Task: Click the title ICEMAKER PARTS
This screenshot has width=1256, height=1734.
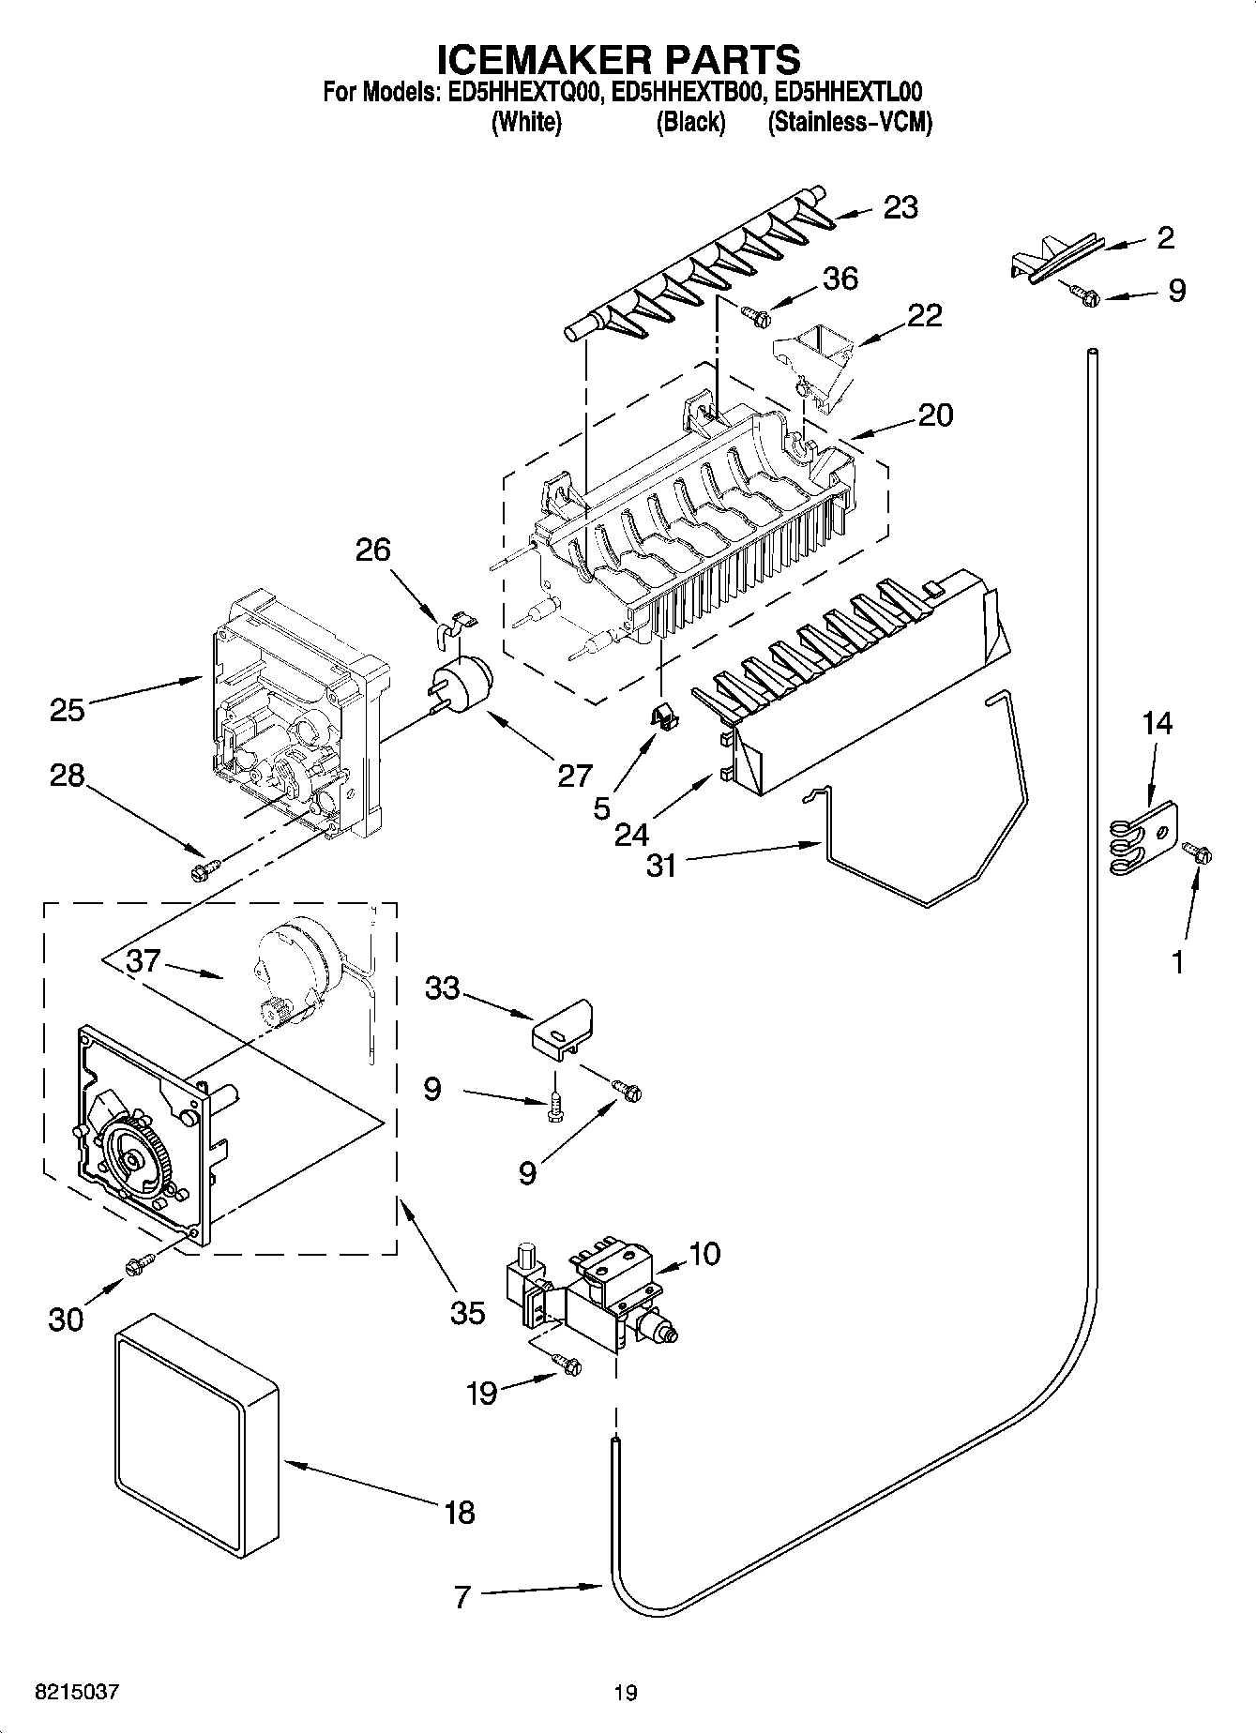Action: coord(619,59)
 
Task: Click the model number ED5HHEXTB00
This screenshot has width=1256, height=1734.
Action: coord(689,92)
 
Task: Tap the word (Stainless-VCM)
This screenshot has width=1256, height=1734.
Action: coord(850,123)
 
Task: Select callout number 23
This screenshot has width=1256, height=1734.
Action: coord(900,207)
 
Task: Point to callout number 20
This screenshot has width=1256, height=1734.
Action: coord(935,415)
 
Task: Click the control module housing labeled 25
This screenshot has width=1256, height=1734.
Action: coord(291,713)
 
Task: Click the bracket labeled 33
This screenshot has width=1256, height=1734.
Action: coord(564,1028)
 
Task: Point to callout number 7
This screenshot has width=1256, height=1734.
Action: coord(462,1596)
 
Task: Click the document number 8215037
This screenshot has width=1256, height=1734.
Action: coord(77,1693)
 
